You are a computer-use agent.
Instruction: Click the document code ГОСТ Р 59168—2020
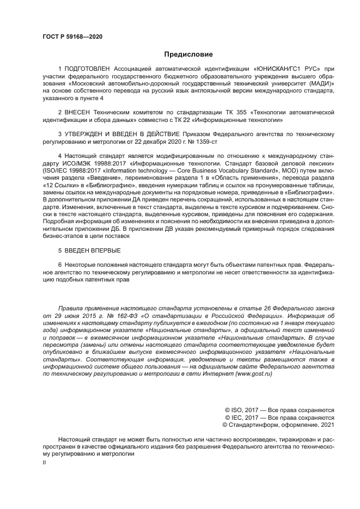(x=72, y=36)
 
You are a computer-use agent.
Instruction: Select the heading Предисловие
(x=188, y=54)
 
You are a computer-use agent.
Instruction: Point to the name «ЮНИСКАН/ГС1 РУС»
(x=286, y=69)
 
